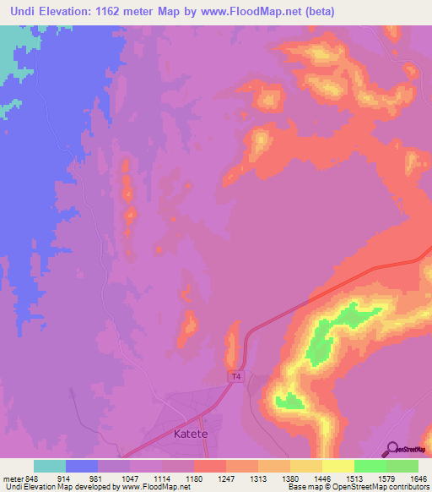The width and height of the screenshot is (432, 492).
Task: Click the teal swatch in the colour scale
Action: (50, 466)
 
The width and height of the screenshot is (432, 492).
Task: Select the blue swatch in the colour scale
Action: (82, 466)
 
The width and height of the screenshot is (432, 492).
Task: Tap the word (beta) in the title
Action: (320, 12)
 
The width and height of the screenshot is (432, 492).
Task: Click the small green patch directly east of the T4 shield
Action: (289, 401)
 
